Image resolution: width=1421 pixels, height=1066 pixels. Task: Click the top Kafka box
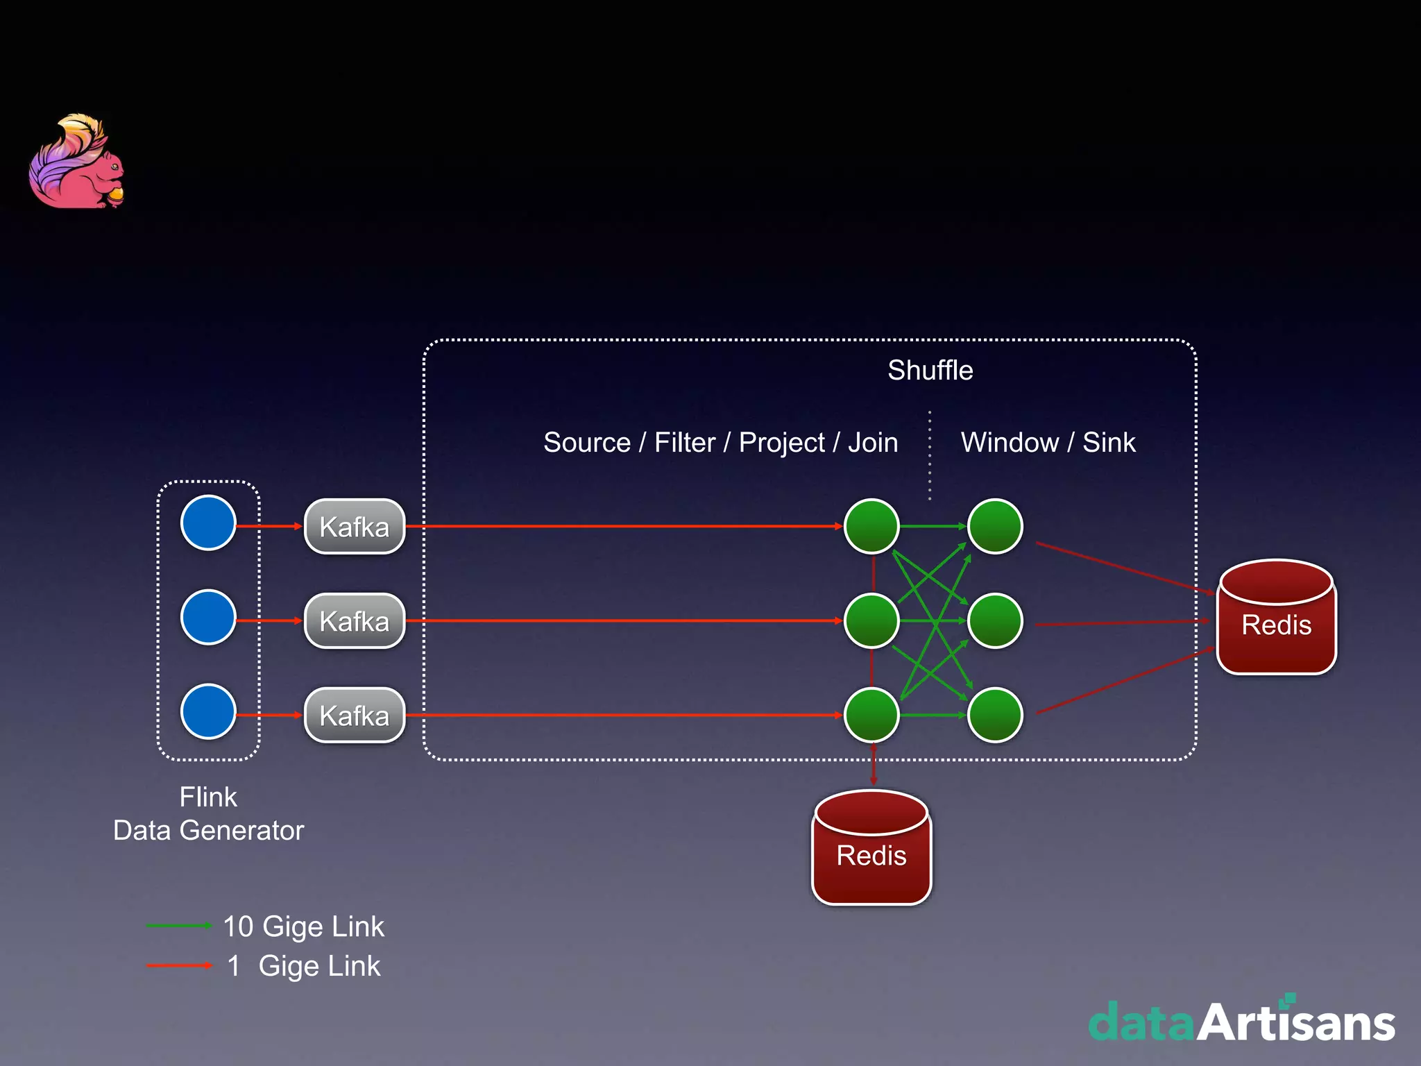pyautogui.click(x=355, y=527)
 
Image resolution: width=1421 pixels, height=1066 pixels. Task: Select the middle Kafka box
pyautogui.click(x=355, y=621)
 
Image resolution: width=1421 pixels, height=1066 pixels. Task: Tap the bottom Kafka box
pyautogui.click(x=355, y=716)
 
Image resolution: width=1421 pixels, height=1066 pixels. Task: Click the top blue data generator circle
pyautogui.click(x=208, y=523)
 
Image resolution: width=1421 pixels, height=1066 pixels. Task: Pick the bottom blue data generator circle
pyautogui.click(x=208, y=711)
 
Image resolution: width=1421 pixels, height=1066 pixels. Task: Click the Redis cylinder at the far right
pyautogui.click(x=1277, y=618)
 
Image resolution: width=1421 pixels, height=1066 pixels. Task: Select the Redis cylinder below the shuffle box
pyautogui.click(x=871, y=848)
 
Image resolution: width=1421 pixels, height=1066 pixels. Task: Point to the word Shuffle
pyautogui.click(x=930, y=371)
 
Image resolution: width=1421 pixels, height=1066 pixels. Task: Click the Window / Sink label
pyautogui.click(x=1048, y=443)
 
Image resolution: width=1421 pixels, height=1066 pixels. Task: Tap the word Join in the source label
pyautogui.click(x=873, y=443)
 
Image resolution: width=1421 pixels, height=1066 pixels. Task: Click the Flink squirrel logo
pyautogui.click(x=76, y=162)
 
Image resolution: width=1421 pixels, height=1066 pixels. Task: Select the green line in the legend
pyautogui.click(x=178, y=926)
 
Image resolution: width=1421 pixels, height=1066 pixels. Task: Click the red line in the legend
pyautogui.click(x=178, y=965)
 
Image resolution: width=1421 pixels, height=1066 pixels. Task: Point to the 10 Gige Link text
pyautogui.click(x=303, y=927)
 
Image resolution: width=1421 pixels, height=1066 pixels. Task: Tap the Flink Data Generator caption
pyautogui.click(x=208, y=814)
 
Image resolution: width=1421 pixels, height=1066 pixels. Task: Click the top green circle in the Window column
pyautogui.click(x=995, y=527)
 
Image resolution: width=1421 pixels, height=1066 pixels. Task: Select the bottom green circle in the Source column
pyautogui.click(x=871, y=715)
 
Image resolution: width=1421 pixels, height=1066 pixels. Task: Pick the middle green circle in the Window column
pyautogui.click(x=995, y=621)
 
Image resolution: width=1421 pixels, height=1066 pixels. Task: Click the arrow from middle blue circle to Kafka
pyautogui.click(x=269, y=620)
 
